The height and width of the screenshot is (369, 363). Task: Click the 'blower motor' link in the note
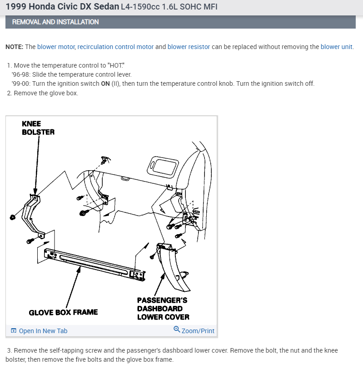[x=56, y=47]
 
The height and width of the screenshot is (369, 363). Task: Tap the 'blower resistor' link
[x=189, y=47]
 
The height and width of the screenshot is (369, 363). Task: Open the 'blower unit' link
[x=336, y=47]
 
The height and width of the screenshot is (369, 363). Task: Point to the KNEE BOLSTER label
[x=38, y=128]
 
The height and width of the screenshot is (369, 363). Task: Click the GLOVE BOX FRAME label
[x=63, y=312]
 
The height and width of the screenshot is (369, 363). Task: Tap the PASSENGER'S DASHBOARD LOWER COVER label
[x=163, y=308]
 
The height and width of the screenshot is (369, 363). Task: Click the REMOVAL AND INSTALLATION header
[x=55, y=22]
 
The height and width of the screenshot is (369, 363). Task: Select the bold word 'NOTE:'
[x=15, y=47]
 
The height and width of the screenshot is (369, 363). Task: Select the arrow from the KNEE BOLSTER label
[x=37, y=163]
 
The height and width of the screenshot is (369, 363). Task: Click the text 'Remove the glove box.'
[x=46, y=93]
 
